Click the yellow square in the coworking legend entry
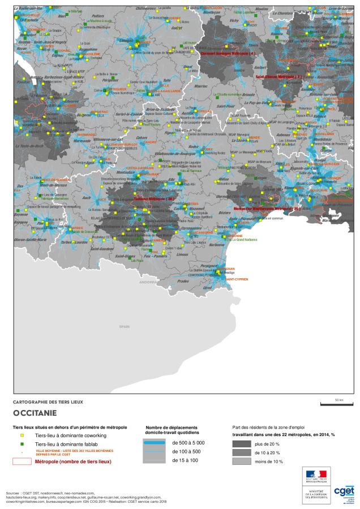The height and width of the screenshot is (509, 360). [x=22, y=436]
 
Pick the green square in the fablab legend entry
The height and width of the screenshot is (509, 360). [x=22, y=445]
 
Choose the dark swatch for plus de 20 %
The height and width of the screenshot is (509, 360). [x=242, y=445]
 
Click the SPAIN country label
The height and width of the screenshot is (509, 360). [x=125, y=327]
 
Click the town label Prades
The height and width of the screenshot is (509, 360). [x=182, y=281]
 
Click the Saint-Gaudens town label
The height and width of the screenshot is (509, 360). [x=103, y=248]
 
